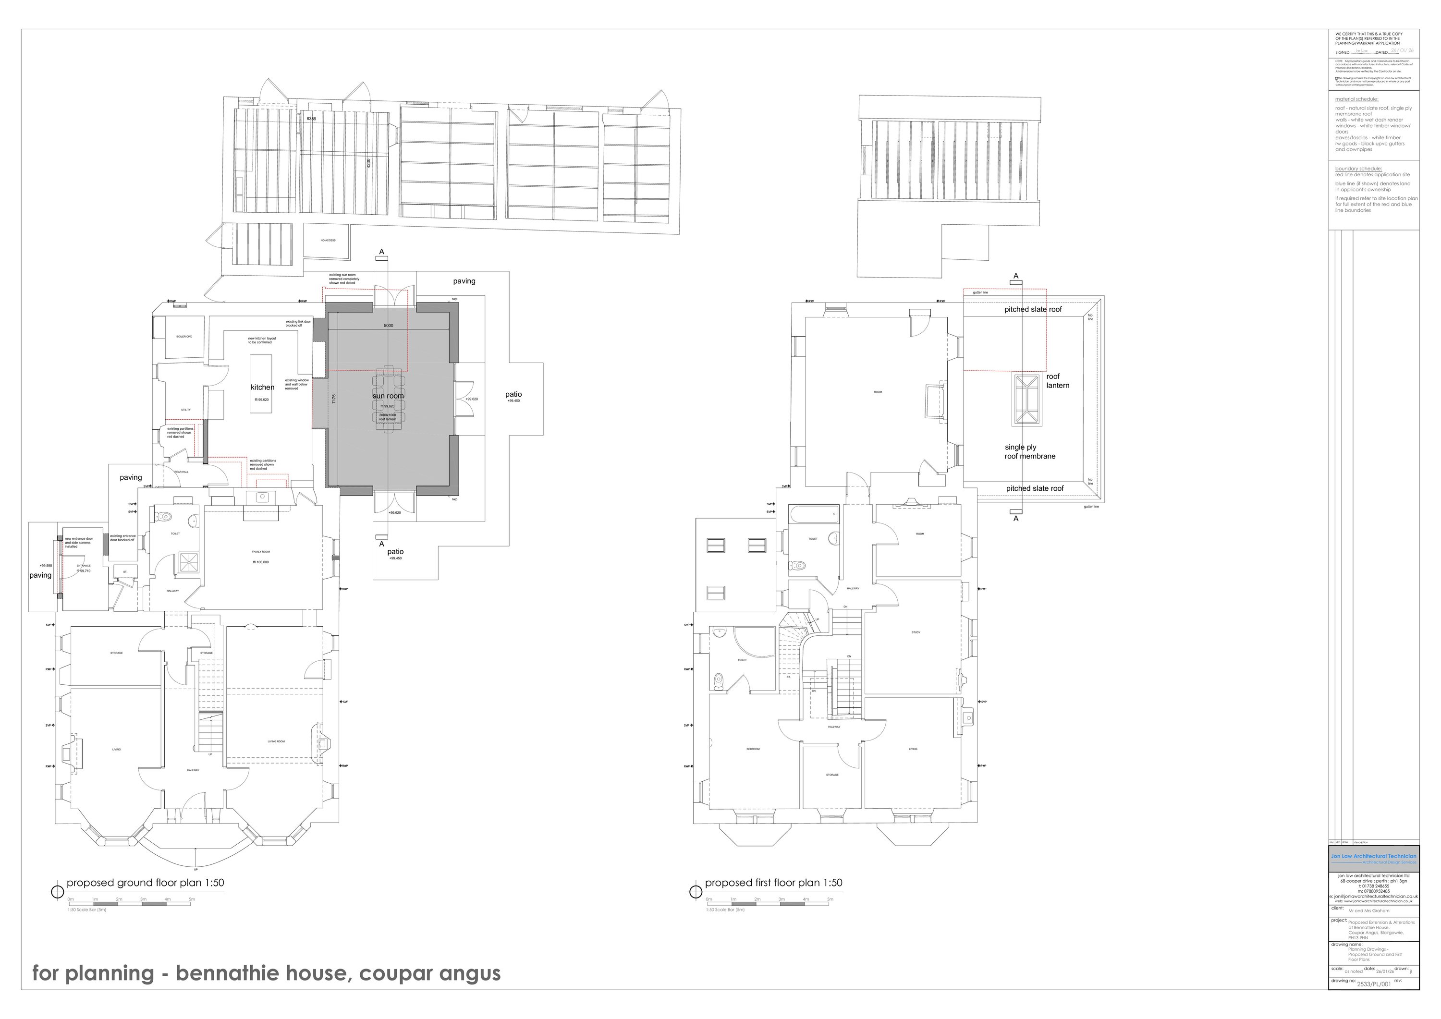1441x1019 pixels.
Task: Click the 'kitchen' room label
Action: (262, 387)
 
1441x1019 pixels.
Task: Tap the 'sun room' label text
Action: (388, 396)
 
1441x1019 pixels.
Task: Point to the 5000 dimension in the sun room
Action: (389, 326)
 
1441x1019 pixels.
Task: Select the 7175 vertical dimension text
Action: (334, 399)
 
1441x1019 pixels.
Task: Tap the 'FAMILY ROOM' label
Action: (261, 552)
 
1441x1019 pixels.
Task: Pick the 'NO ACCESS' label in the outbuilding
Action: (328, 240)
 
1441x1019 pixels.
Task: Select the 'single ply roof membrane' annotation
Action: (1029, 452)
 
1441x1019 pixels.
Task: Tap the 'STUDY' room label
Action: (916, 632)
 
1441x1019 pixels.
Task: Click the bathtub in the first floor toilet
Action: (815, 516)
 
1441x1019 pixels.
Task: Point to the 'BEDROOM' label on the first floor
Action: (753, 749)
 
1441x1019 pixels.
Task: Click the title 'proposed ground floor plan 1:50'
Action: (145, 883)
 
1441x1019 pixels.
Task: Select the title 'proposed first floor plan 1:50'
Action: (773, 883)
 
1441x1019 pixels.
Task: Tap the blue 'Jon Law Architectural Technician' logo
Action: (1373, 858)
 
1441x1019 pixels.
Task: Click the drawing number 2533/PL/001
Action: (1374, 984)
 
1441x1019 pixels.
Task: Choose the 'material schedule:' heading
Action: (1356, 99)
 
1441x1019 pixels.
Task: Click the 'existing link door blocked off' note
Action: (298, 324)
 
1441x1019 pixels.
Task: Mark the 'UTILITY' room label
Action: (186, 410)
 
